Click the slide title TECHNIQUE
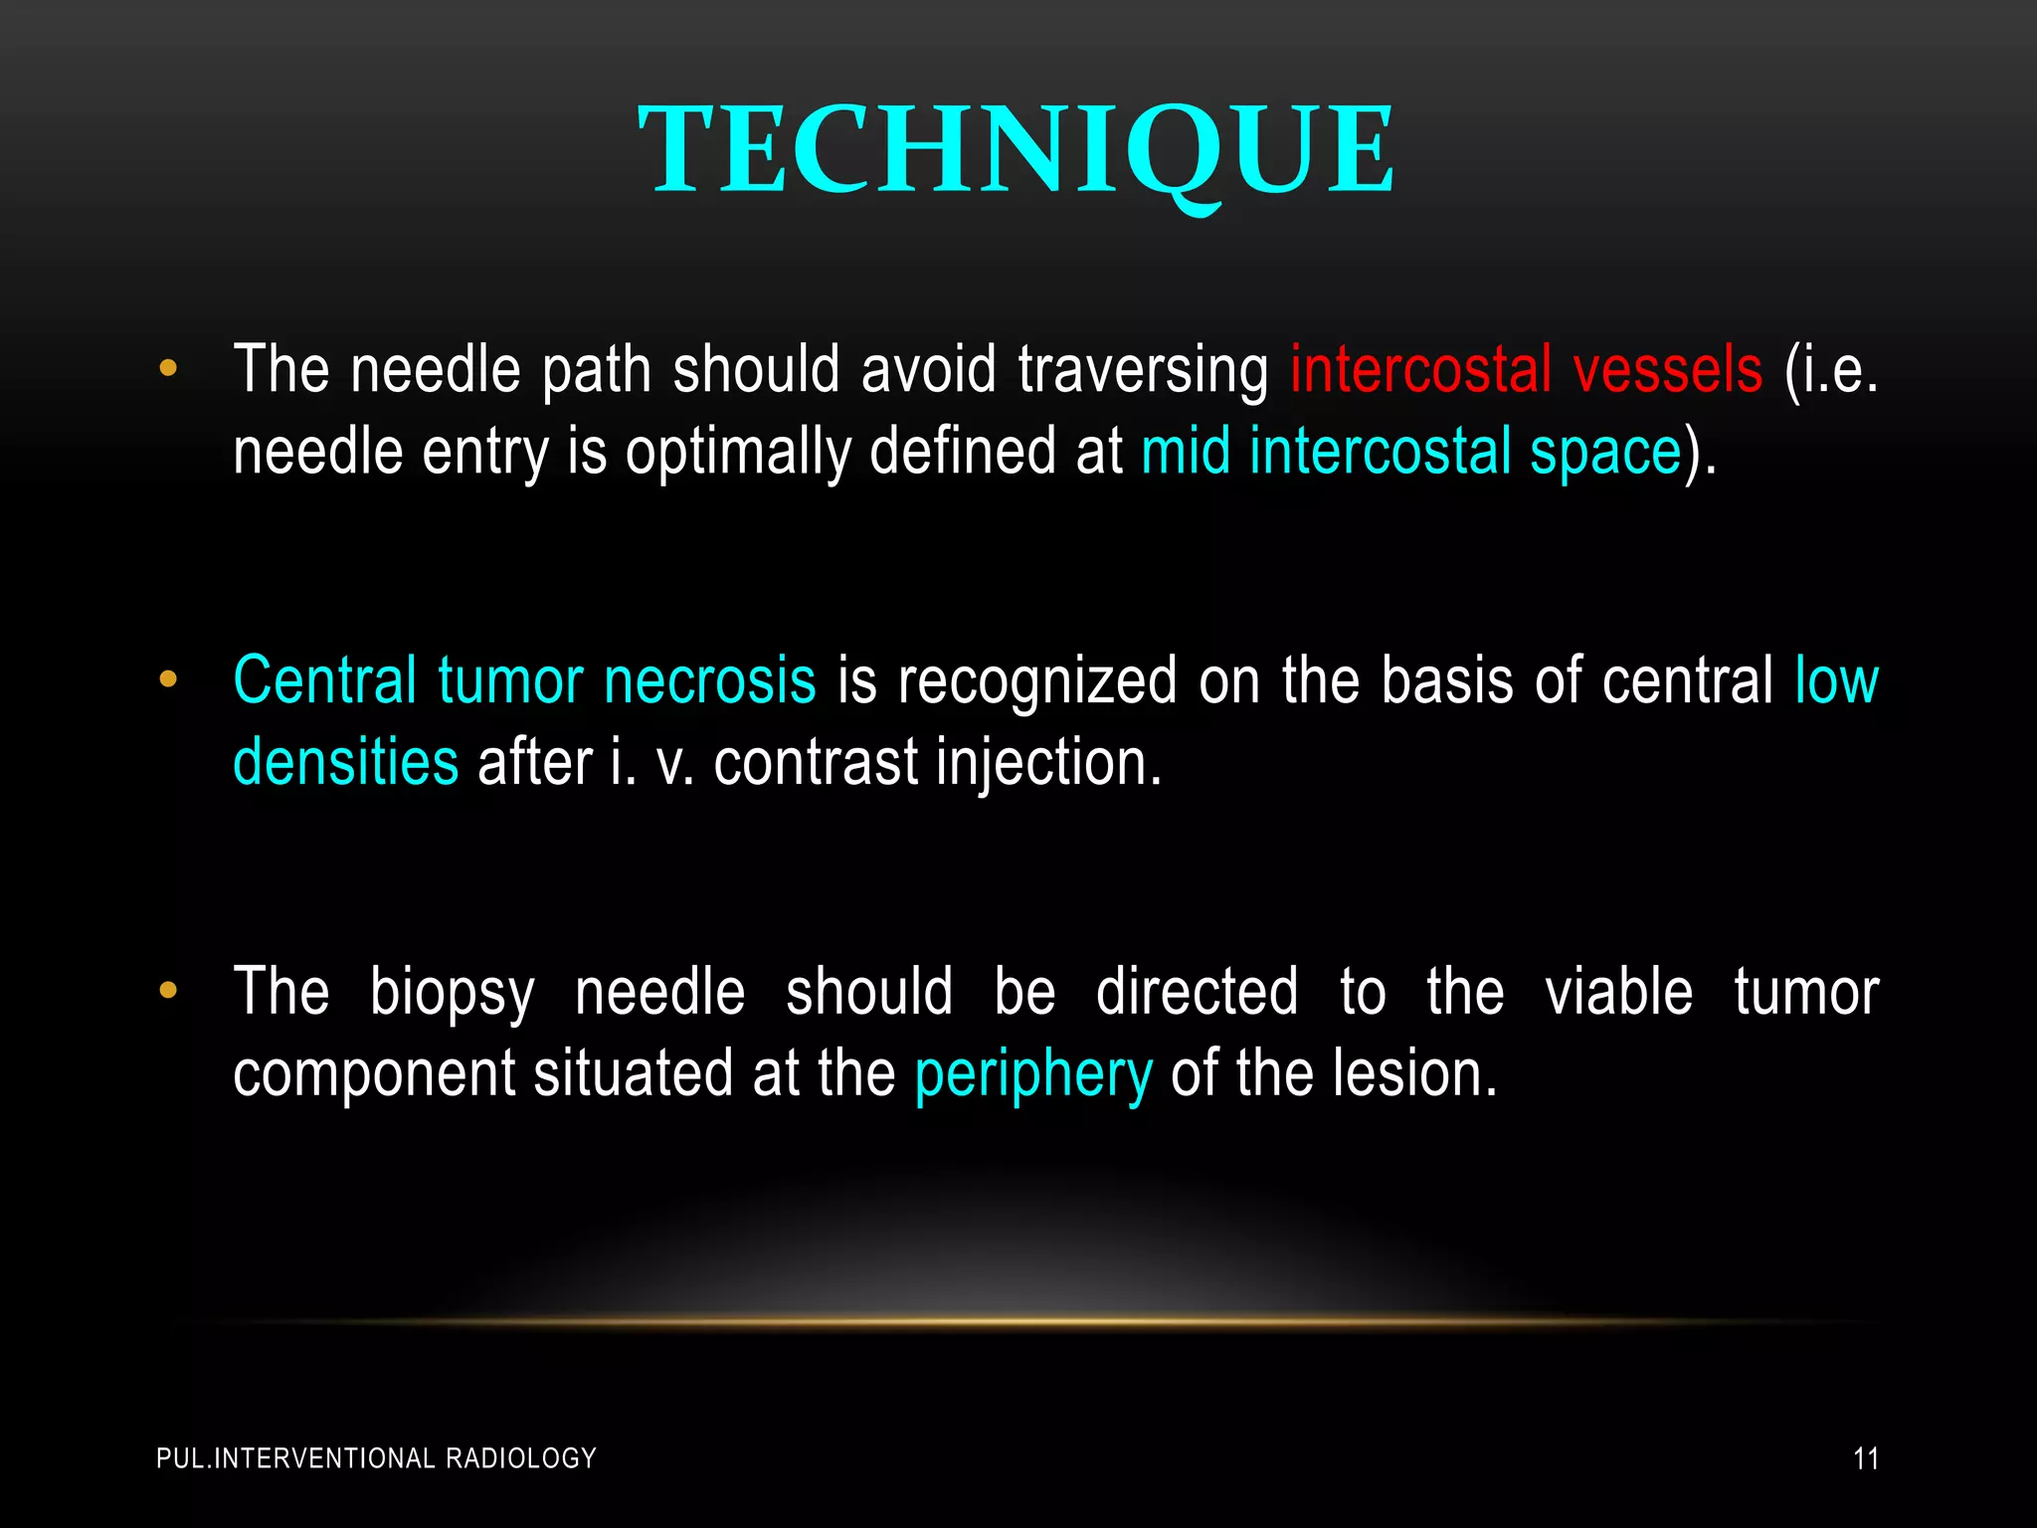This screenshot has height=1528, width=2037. (1017, 151)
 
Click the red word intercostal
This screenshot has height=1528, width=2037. (1420, 370)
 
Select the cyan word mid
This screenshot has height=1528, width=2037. (1185, 452)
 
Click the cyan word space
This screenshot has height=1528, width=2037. (1604, 454)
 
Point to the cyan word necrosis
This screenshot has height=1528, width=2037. (709, 681)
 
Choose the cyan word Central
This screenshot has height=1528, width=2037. (324, 681)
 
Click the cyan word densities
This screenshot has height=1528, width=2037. (345, 764)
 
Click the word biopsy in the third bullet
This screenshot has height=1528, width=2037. (452, 994)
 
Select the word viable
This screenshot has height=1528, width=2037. (1618, 992)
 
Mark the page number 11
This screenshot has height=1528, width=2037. (1866, 1459)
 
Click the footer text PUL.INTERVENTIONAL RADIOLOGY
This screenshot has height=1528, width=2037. (376, 1458)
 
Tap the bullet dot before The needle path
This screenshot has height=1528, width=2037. (168, 369)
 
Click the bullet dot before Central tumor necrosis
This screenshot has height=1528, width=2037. (168, 680)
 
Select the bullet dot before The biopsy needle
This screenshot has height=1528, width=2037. (168, 992)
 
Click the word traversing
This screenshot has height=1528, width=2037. (1143, 370)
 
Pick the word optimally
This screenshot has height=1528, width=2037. (737, 454)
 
